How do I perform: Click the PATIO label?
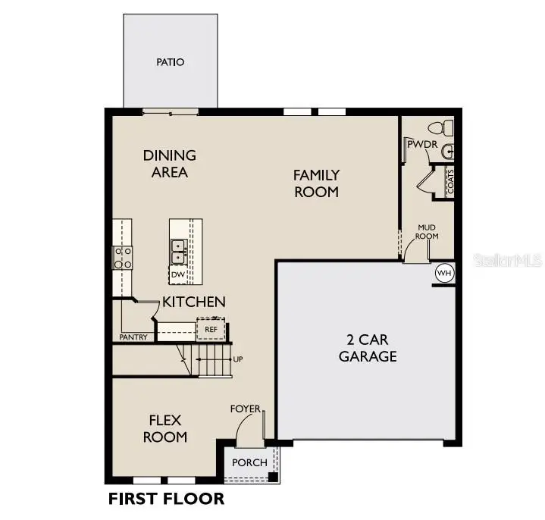tap(171, 62)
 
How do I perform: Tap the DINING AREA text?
tap(170, 164)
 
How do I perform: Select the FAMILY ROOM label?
tap(317, 183)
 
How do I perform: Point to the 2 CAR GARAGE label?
tap(368, 348)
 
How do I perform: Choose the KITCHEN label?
tap(194, 302)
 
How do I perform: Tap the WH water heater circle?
tap(443, 273)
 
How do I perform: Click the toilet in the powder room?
tap(440, 127)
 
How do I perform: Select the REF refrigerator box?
tap(211, 330)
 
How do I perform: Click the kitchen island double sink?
tap(179, 246)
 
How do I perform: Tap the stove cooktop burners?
tap(123, 257)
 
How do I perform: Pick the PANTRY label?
tap(133, 337)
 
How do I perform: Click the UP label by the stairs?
tap(237, 359)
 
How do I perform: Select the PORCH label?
tap(249, 462)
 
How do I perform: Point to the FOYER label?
tap(246, 409)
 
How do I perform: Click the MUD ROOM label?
tap(428, 231)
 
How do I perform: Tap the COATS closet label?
tap(450, 183)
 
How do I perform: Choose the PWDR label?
tap(419, 143)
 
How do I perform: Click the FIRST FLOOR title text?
tap(166, 499)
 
